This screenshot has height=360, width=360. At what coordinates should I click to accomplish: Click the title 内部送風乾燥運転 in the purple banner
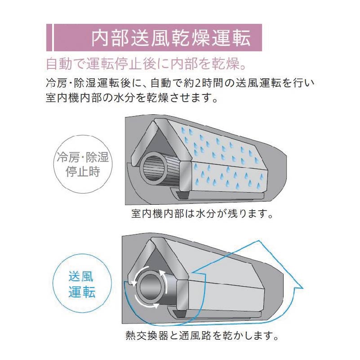coord(171,38)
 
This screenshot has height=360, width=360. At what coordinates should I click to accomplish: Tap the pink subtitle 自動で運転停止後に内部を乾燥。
coord(146,64)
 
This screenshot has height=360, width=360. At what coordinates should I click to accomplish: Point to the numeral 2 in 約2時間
coord(197,83)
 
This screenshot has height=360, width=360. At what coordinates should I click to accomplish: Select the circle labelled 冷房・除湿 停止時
coord(83,164)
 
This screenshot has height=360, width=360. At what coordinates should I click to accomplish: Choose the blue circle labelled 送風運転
coord(82,283)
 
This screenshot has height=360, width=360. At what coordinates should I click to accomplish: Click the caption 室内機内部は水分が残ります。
coord(202,214)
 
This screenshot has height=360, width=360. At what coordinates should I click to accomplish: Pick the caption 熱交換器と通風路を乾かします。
coord(202,336)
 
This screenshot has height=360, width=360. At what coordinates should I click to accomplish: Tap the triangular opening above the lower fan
coord(158,262)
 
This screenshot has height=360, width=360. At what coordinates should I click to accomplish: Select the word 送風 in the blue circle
coord(81,276)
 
